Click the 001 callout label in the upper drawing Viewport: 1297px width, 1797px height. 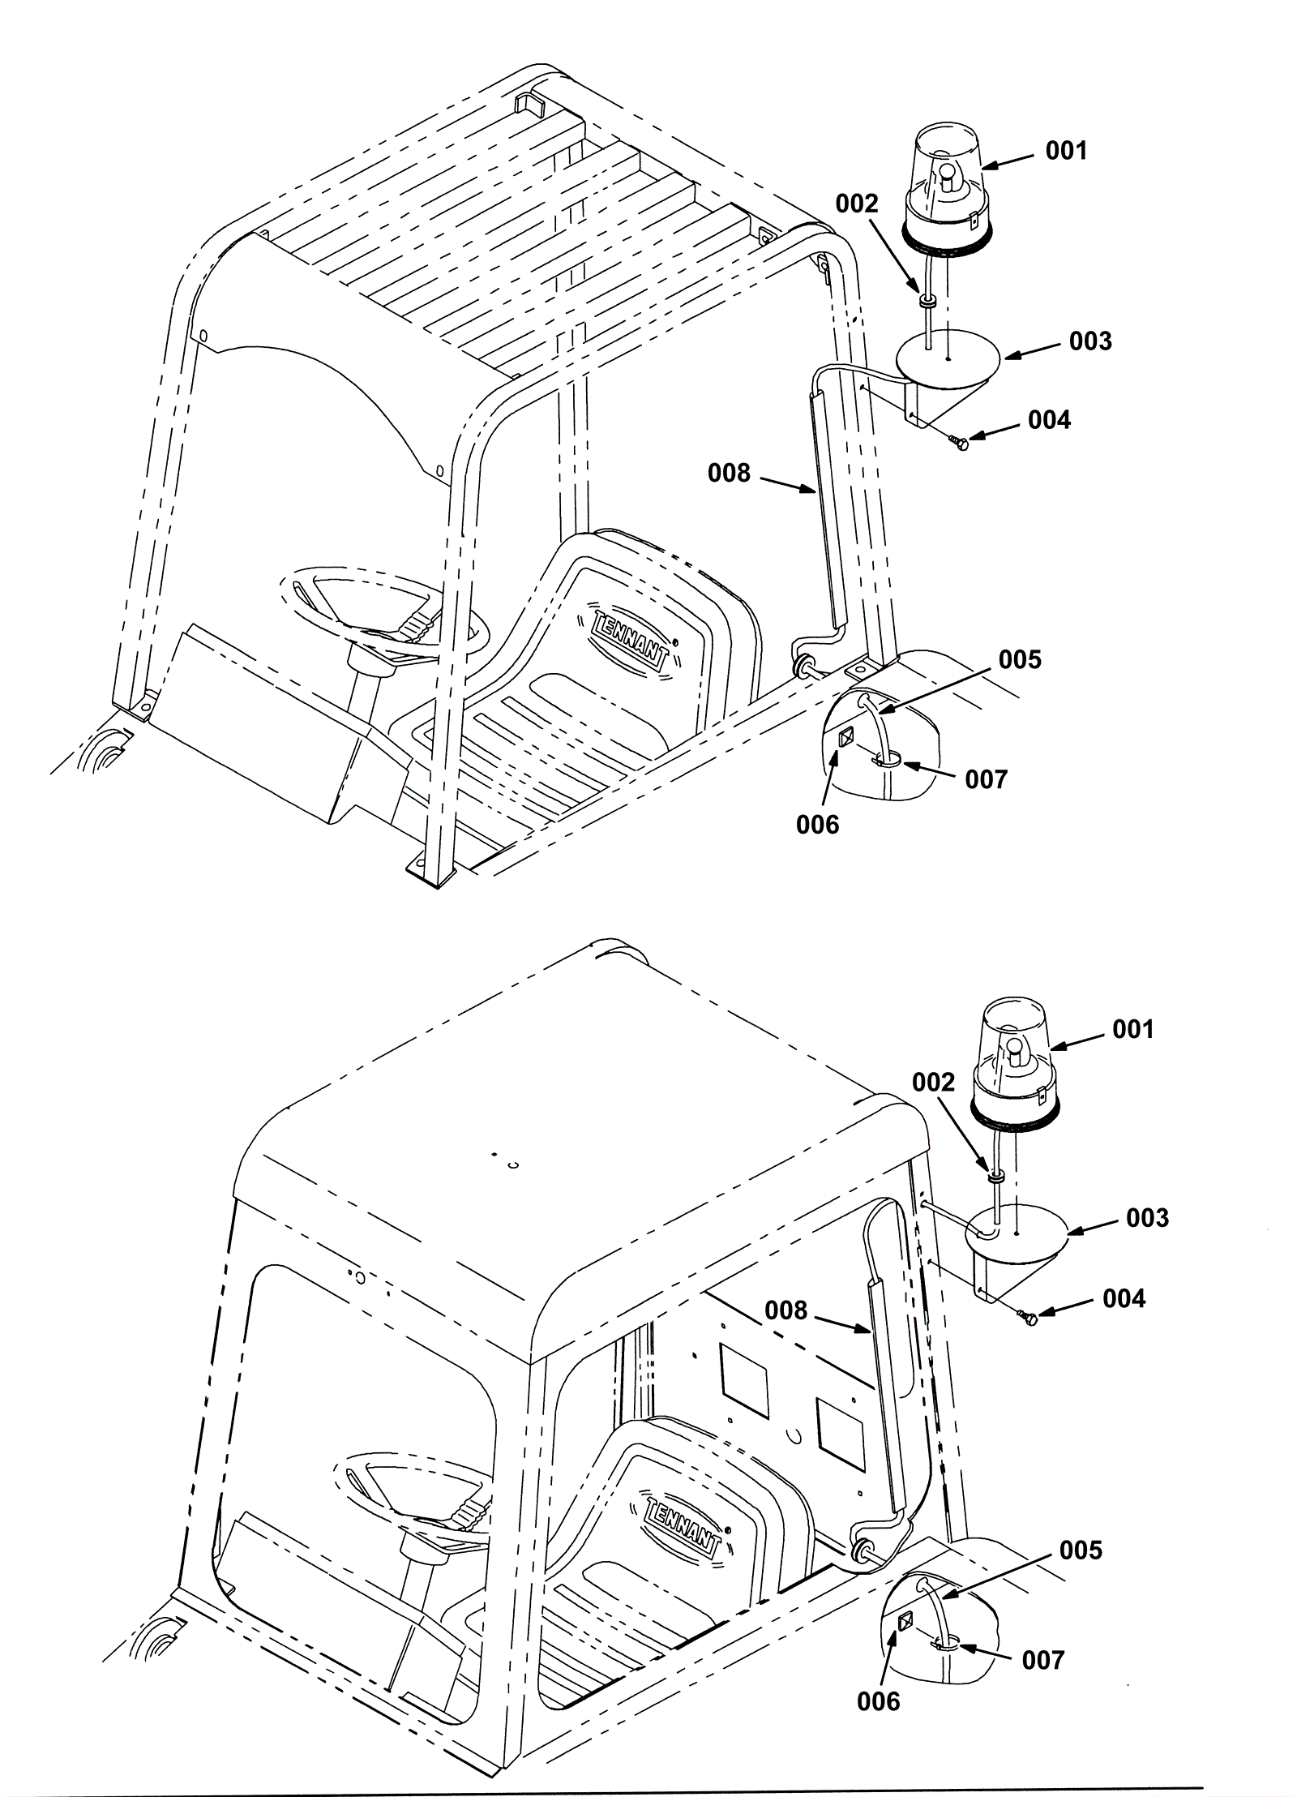1065,152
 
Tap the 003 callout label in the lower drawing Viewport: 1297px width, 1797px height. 1147,1218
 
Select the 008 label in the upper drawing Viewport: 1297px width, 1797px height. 730,473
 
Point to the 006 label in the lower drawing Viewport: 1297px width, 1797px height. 879,1678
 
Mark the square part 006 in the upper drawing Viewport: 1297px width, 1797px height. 845,737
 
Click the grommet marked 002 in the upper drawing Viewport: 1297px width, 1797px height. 927,301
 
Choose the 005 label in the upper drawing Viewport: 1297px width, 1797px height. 1020,659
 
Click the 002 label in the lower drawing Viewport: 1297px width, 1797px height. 933,1083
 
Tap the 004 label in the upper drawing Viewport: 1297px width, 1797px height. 1049,420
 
